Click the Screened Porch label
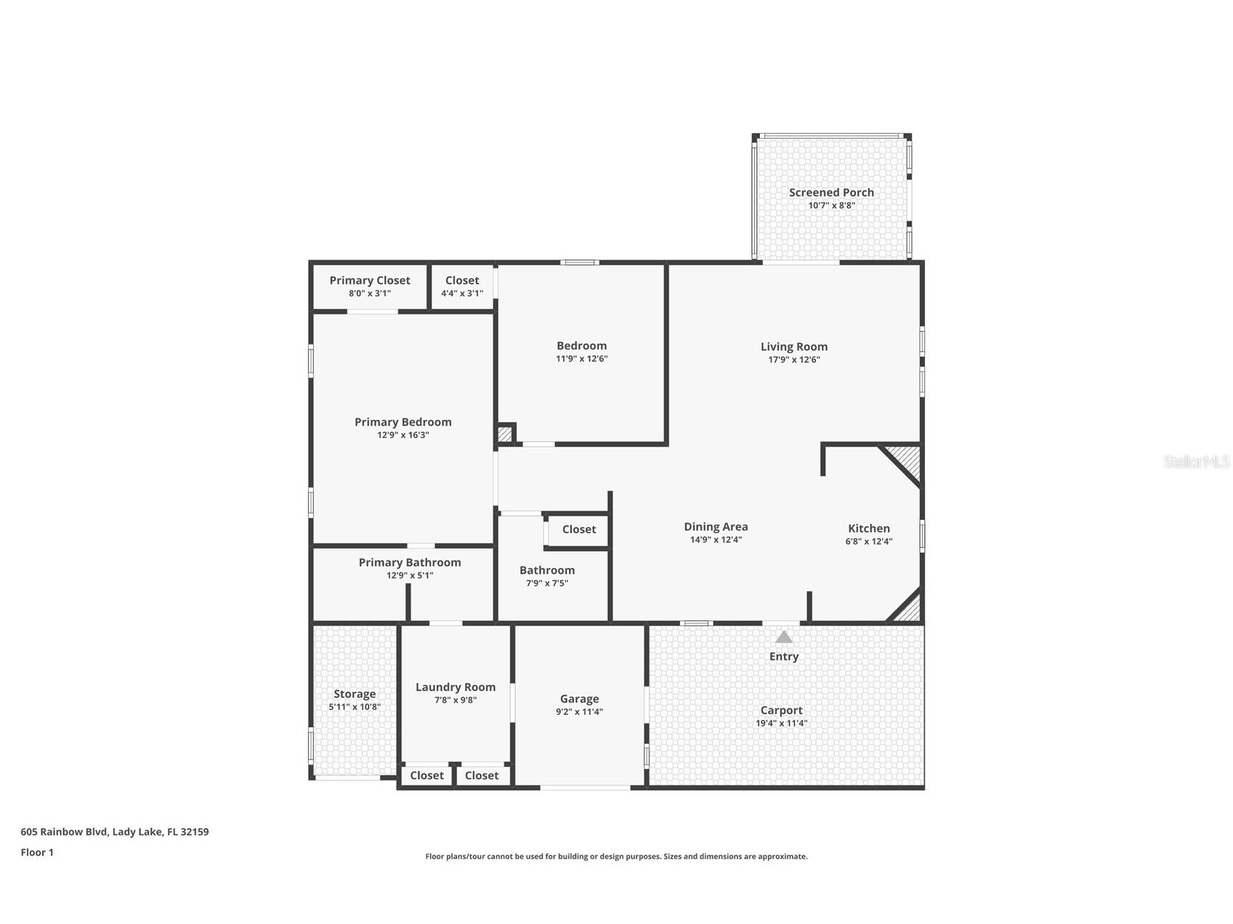coord(831,192)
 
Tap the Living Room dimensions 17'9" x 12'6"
coord(793,360)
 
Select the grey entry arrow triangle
coord(783,637)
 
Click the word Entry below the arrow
coord(783,657)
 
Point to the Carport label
coord(781,710)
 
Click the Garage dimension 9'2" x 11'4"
coord(579,712)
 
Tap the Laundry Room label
coord(455,687)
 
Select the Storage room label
coord(355,694)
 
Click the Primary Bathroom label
coord(409,562)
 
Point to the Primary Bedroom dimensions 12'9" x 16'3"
coord(403,435)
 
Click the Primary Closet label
coord(369,280)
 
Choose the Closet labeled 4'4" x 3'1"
coord(462,286)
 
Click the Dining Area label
coord(716,527)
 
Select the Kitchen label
coord(868,529)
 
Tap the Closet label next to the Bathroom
coord(578,530)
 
